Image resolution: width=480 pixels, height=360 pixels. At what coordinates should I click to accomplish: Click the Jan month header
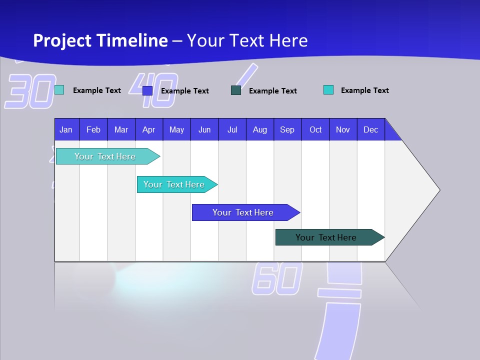[x=66, y=129]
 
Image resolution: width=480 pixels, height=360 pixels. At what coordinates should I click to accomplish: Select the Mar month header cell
[x=121, y=129]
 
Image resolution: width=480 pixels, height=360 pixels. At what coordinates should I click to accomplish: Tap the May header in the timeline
[x=176, y=129]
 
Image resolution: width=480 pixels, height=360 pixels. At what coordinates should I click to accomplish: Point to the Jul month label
[x=232, y=129]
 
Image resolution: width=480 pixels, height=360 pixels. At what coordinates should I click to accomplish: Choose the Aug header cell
[x=259, y=129]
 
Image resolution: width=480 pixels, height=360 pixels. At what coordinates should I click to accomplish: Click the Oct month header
[x=315, y=129]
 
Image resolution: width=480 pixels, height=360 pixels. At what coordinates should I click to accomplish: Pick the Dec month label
[x=370, y=129]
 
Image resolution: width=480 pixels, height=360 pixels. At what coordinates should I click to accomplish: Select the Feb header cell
[x=93, y=129]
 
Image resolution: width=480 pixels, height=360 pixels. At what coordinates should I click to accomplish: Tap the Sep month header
[x=287, y=129]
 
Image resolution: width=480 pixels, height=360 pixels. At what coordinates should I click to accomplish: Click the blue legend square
[x=147, y=90]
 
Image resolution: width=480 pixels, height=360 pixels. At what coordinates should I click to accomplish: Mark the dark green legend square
[x=236, y=90]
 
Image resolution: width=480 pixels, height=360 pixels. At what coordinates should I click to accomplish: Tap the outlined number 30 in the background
[x=30, y=91]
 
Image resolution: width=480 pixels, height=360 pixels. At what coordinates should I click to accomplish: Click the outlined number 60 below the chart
[x=277, y=278]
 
